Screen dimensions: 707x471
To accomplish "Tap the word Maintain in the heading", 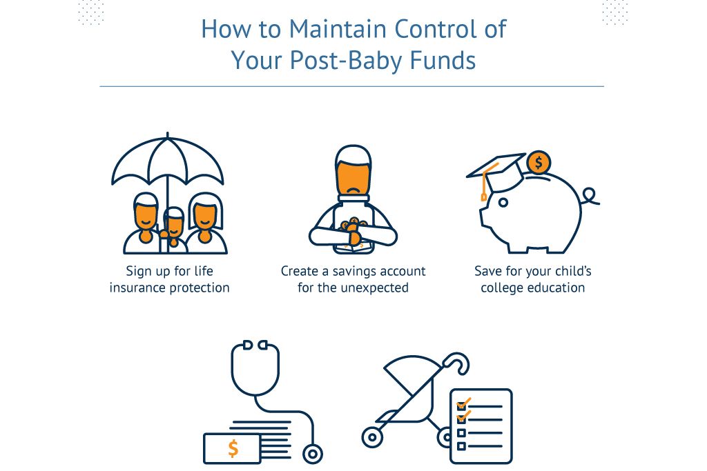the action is tap(338, 29).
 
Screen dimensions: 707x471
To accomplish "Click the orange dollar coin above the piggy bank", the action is tap(539, 162).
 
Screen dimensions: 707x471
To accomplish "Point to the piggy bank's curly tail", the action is tap(590, 197).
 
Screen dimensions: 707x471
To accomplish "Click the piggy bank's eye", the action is tap(503, 202).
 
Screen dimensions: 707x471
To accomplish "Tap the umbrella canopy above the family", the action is tap(168, 160).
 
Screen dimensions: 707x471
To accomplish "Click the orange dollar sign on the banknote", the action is tap(233, 448).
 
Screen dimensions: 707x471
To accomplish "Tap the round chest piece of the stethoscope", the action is tap(313, 454).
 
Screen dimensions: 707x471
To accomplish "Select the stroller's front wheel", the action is tap(372, 437).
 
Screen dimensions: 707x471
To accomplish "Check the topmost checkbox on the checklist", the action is tap(462, 405).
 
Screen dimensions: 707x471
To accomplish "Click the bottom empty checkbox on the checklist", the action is tap(461, 446).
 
